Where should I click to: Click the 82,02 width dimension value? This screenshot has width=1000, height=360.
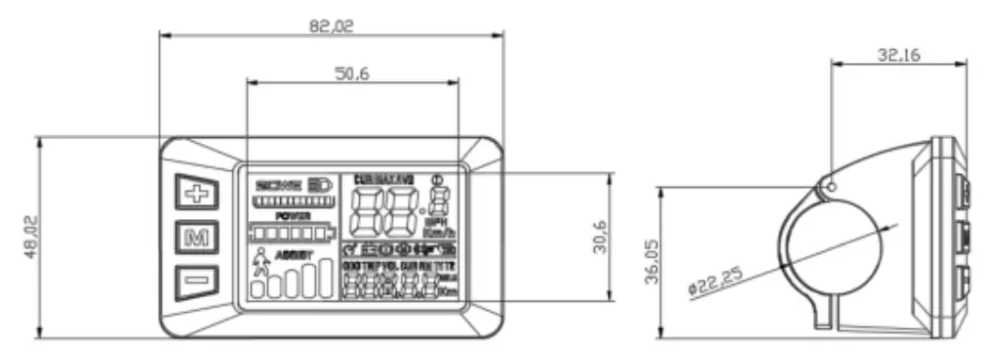point(331,26)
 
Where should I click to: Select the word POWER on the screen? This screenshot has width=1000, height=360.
point(292,215)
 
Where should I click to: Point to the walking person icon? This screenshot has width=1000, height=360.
point(259,262)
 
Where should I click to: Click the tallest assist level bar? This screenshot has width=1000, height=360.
point(324,276)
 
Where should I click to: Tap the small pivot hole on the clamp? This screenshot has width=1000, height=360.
point(830,185)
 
